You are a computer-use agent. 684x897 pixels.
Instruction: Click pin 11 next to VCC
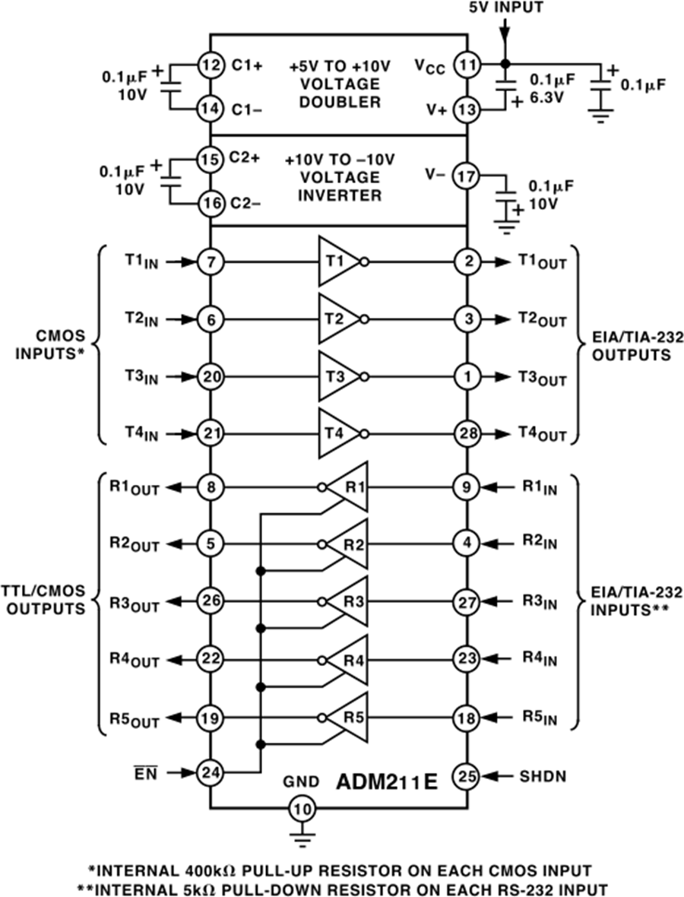pos(466,65)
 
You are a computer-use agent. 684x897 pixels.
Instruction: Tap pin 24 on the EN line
pos(209,773)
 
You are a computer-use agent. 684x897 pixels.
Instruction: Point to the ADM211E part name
pos(388,781)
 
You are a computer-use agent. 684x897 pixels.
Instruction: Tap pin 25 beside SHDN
pos(466,776)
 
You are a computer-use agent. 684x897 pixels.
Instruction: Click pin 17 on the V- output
pos(466,176)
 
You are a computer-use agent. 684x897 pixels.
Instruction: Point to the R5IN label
pos(539,717)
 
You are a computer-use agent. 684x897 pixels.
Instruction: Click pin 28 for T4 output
pos(466,434)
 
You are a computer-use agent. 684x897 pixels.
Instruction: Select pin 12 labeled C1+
pos(209,65)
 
